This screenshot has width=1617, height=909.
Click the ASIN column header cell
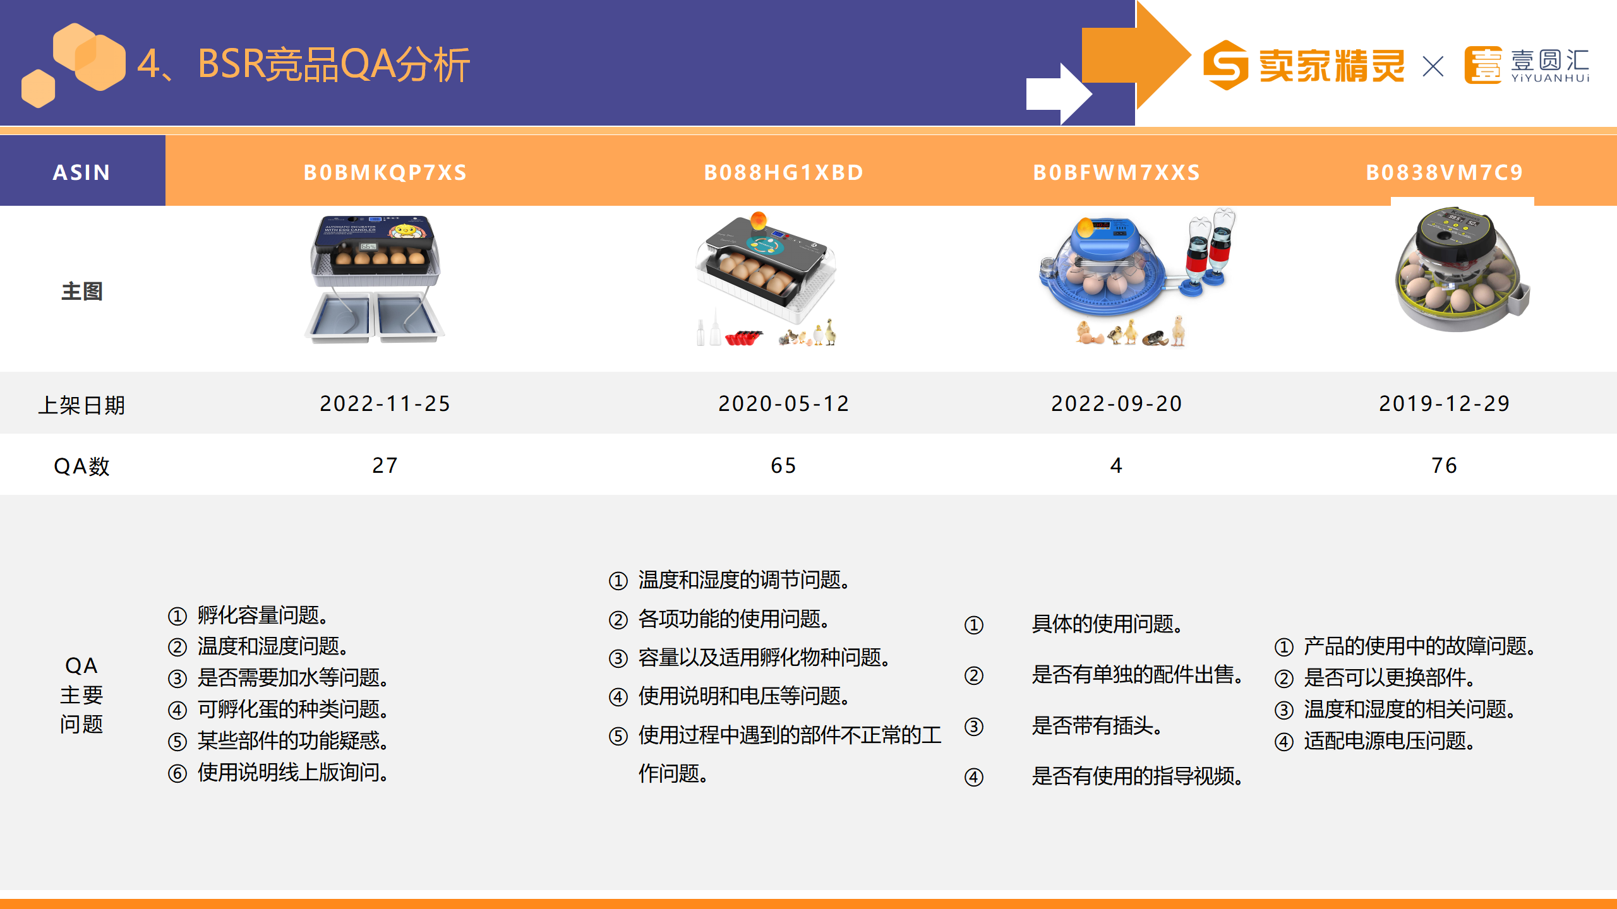click(82, 172)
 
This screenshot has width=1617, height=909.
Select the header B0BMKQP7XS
click(385, 172)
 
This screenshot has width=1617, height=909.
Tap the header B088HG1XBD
click(784, 172)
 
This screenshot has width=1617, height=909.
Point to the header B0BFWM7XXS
click(1117, 172)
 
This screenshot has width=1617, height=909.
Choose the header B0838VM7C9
click(1445, 172)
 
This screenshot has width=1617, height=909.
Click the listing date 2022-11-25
click(385, 403)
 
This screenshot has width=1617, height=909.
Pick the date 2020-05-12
click(784, 403)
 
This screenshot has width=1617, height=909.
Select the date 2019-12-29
click(1445, 403)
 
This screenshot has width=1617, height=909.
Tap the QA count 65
click(784, 465)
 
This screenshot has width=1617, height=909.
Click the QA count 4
click(1116, 465)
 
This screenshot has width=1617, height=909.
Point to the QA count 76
click(1445, 465)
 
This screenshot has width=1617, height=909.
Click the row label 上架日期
click(81, 405)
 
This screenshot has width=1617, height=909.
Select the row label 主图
click(81, 291)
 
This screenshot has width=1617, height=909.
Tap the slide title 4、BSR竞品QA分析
click(304, 64)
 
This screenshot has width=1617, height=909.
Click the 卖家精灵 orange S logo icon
click(1225, 65)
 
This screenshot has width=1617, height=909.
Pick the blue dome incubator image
click(1137, 278)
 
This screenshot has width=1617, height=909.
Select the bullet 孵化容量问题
click(262, 615)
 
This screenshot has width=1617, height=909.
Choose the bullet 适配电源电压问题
click(1389, 740)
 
